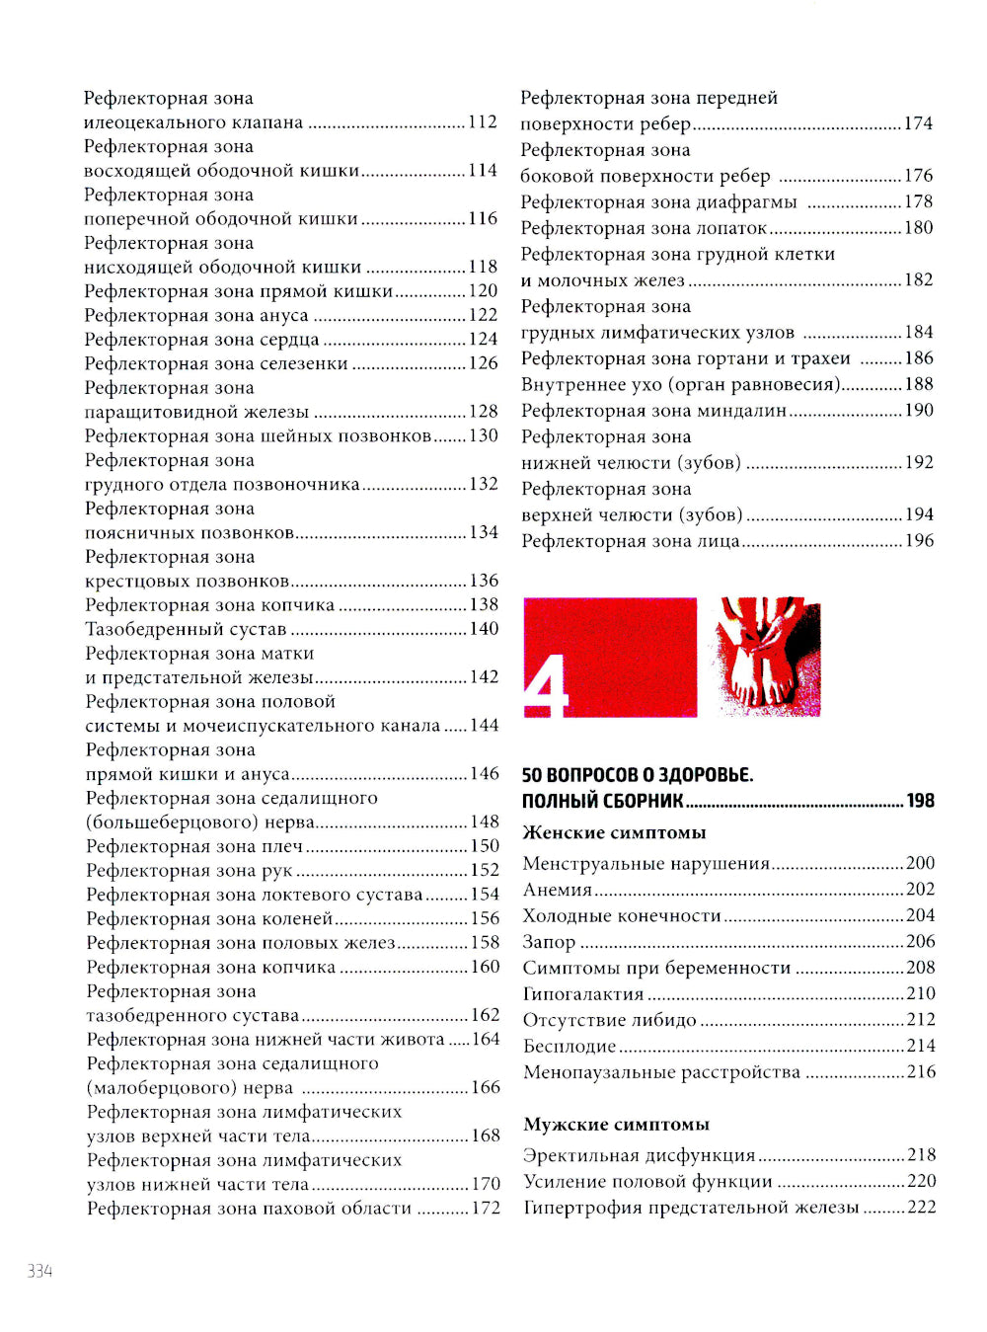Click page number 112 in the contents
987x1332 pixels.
click(483, 122)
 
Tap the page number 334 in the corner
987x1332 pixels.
click(39, 1271)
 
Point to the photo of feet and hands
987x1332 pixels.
click(766, 657)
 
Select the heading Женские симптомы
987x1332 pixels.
click(614, 832)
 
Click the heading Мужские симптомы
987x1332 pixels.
click(616, 1125)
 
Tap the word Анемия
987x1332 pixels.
click(558, 890)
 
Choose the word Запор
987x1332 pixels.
click(549, 942)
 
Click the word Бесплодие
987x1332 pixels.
click(569, 1046)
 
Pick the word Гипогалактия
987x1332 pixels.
click(583, 993)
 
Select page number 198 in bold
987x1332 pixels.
click(920, 801)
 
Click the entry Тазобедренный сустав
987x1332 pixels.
click(186, 629)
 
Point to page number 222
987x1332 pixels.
click(921, 1207)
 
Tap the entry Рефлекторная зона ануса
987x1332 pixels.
click(196, 315)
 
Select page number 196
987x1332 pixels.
click(919, 540)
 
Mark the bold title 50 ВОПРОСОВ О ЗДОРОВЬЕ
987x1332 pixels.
click(637, 775)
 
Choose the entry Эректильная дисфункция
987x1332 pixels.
click(639, 1155)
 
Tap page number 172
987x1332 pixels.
click(486, 1208)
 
